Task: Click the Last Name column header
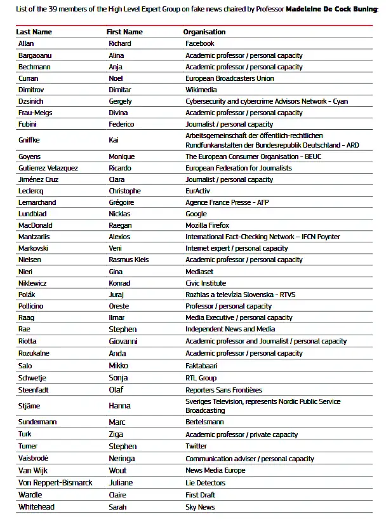pyautogui.click(x=34, y=32)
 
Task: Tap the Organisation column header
pyautogui.click(x=204, y=32)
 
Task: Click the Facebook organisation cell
pyautogui.click(x=199, y=43)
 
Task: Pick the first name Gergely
pyautogui.click(x=120, y=101)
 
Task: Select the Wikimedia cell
pyautogui.click(x=201, y=90)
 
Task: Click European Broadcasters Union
pyautogui.click(x=229, y=78)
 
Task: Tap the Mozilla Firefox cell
pyautogui.click(x=207, y=225)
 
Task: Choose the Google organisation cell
pyautogui.click(x=196, y=214)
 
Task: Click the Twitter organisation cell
pyautogui.click(x=196, y=447)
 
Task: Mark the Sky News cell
pyautogui.click(x=200, y=507)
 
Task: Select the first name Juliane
pyautogui.click(x=121, y=483)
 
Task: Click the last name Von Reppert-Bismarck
pyautogui.click(x=55, y=483)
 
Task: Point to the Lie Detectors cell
pyautogui.click(x=204, y=483)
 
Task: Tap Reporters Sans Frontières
pyautogui.click(x=223, y=390)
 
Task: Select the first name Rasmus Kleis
pyautogui.click(x=129, y=260)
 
